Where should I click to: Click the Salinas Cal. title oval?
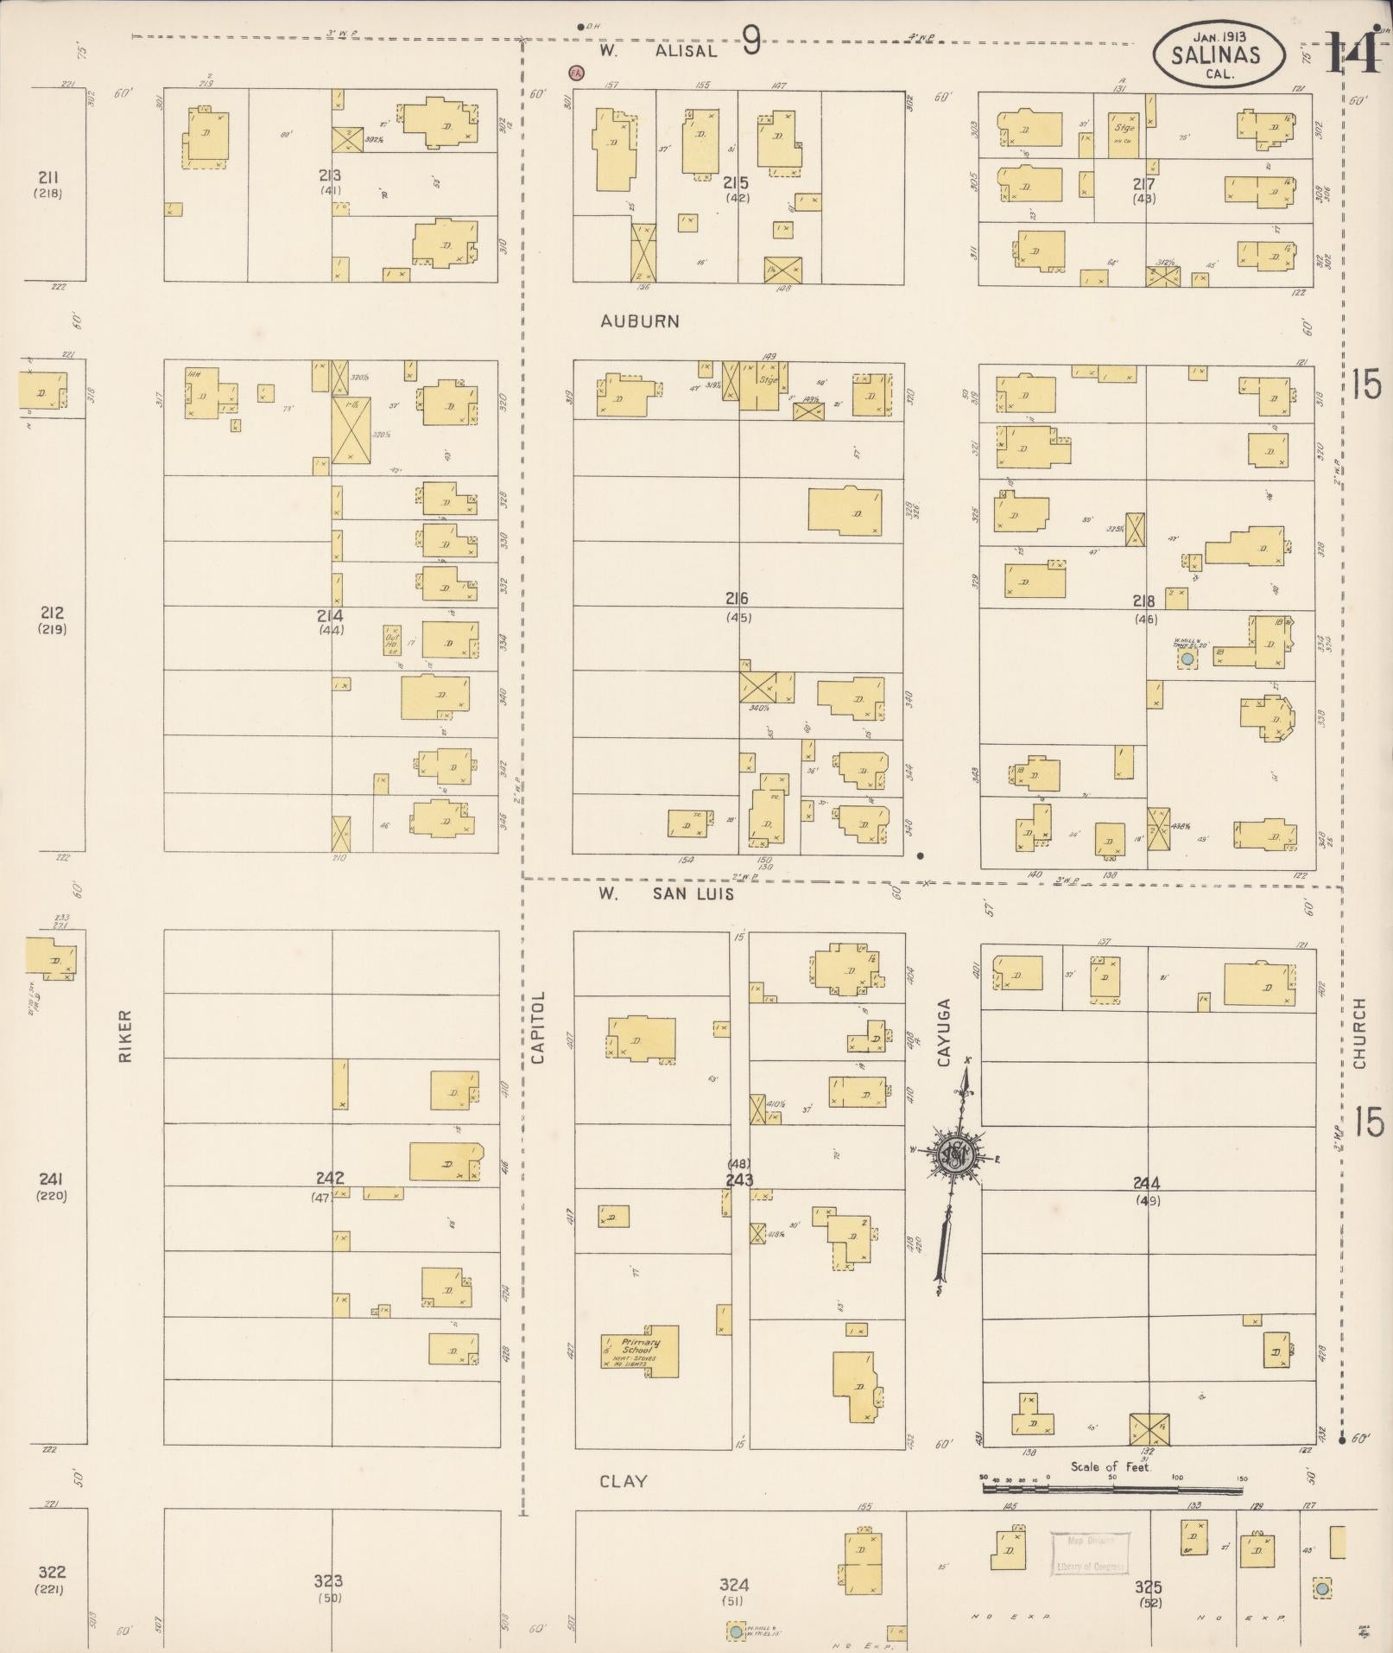(1214, 54)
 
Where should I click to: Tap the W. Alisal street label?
(659, 51)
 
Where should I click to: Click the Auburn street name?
(640, 321)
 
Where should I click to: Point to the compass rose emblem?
(956, 1154)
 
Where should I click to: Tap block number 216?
(737, 599)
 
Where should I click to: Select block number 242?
(330, 1178)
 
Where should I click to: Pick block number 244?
(1147, 1184)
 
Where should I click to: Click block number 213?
(330, 176)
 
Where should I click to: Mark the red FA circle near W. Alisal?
(575, 73)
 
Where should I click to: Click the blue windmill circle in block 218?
(1188, 659)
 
